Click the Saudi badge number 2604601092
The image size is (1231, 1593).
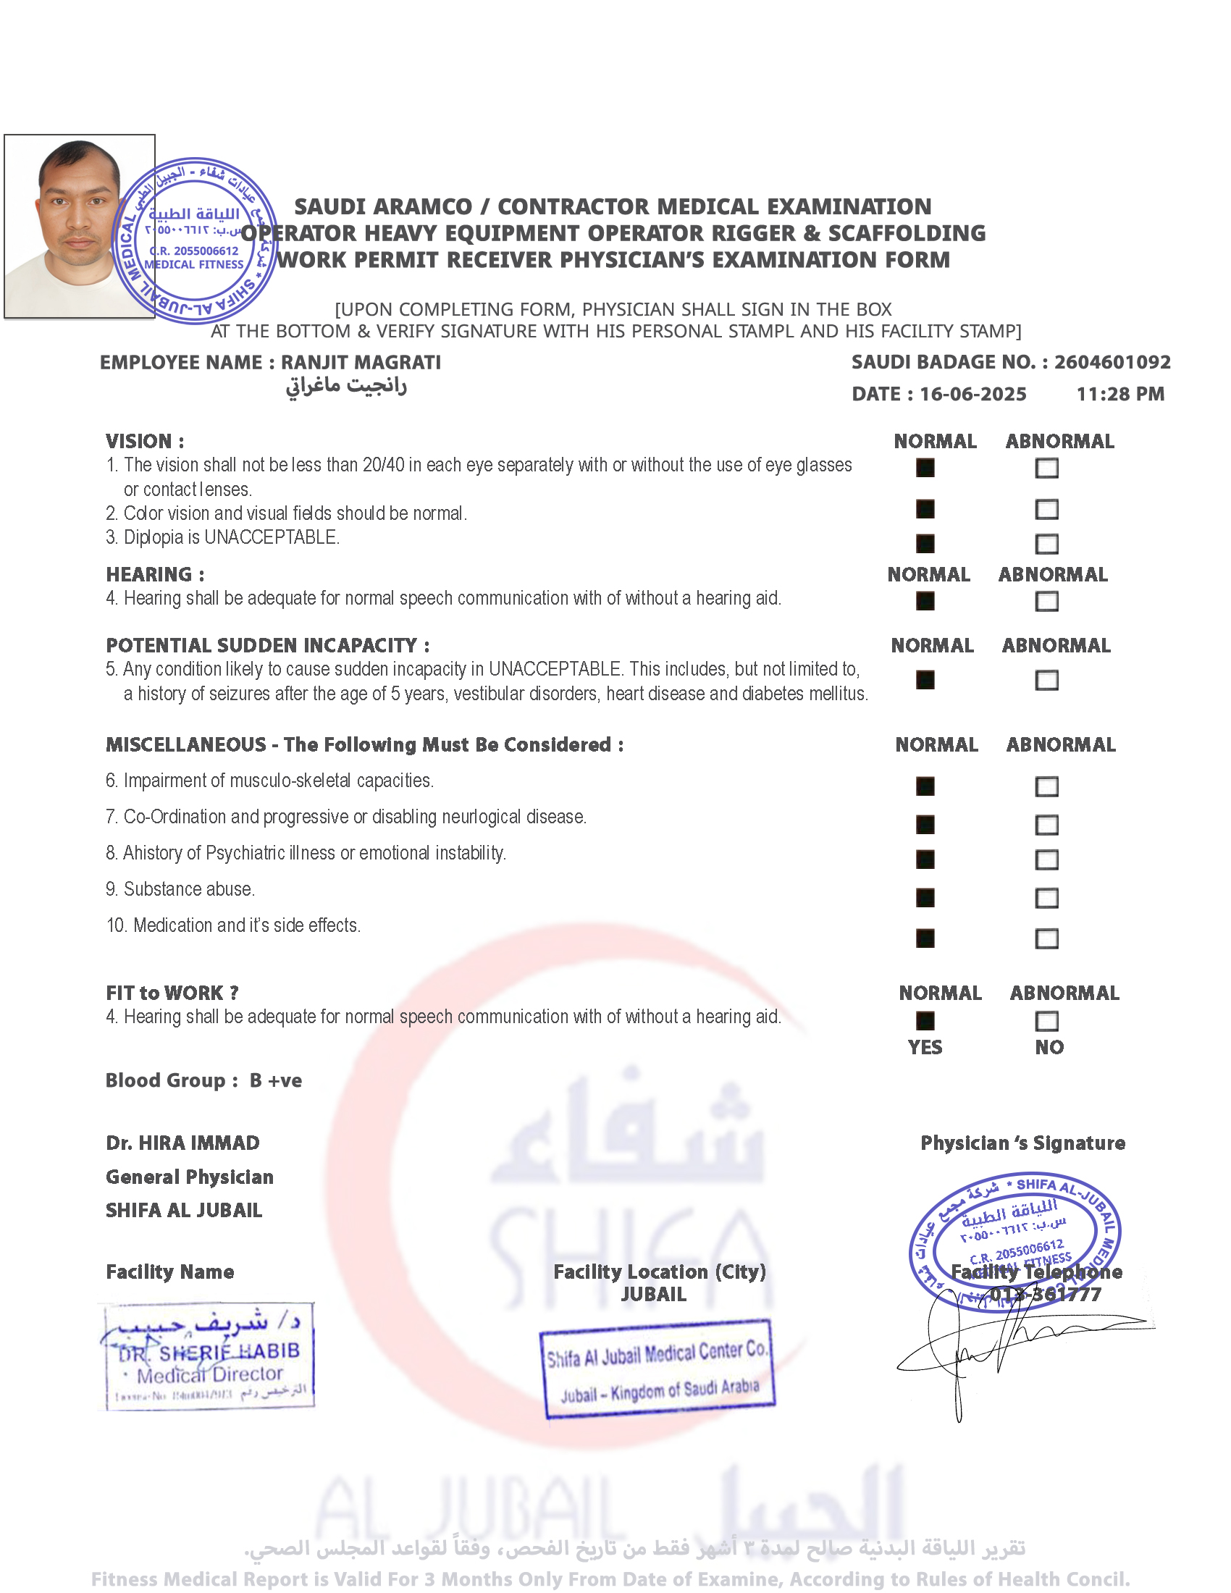[x=1112, y=362]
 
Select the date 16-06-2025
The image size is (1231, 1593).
[x=972, y=394]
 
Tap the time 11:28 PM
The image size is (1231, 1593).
[x=1120, y=394]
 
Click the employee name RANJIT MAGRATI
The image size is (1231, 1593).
[x=361, y=363]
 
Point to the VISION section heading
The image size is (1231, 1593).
[x=144, y=441]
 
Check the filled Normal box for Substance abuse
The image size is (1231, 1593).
[x=925, y=898]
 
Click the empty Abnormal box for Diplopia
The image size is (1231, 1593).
[x=1046, y=544]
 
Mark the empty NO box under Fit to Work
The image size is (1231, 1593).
[x=1046, y=1021]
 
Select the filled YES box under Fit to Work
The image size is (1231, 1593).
[x=925, y=1021]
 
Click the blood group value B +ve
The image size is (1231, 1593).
[x=276, y=1080]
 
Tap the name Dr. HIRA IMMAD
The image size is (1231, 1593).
[x=182, y=1143]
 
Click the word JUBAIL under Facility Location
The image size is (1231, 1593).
[x=653, y=1294]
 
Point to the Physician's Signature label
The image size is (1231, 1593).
[x=1022, y=1143]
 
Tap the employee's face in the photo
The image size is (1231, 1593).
[x=79, y=208]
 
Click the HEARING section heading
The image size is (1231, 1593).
[x=155, y=574]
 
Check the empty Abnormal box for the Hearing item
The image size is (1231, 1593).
[x=1046, y=602]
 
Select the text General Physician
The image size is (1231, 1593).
[x=190, y=1177]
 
